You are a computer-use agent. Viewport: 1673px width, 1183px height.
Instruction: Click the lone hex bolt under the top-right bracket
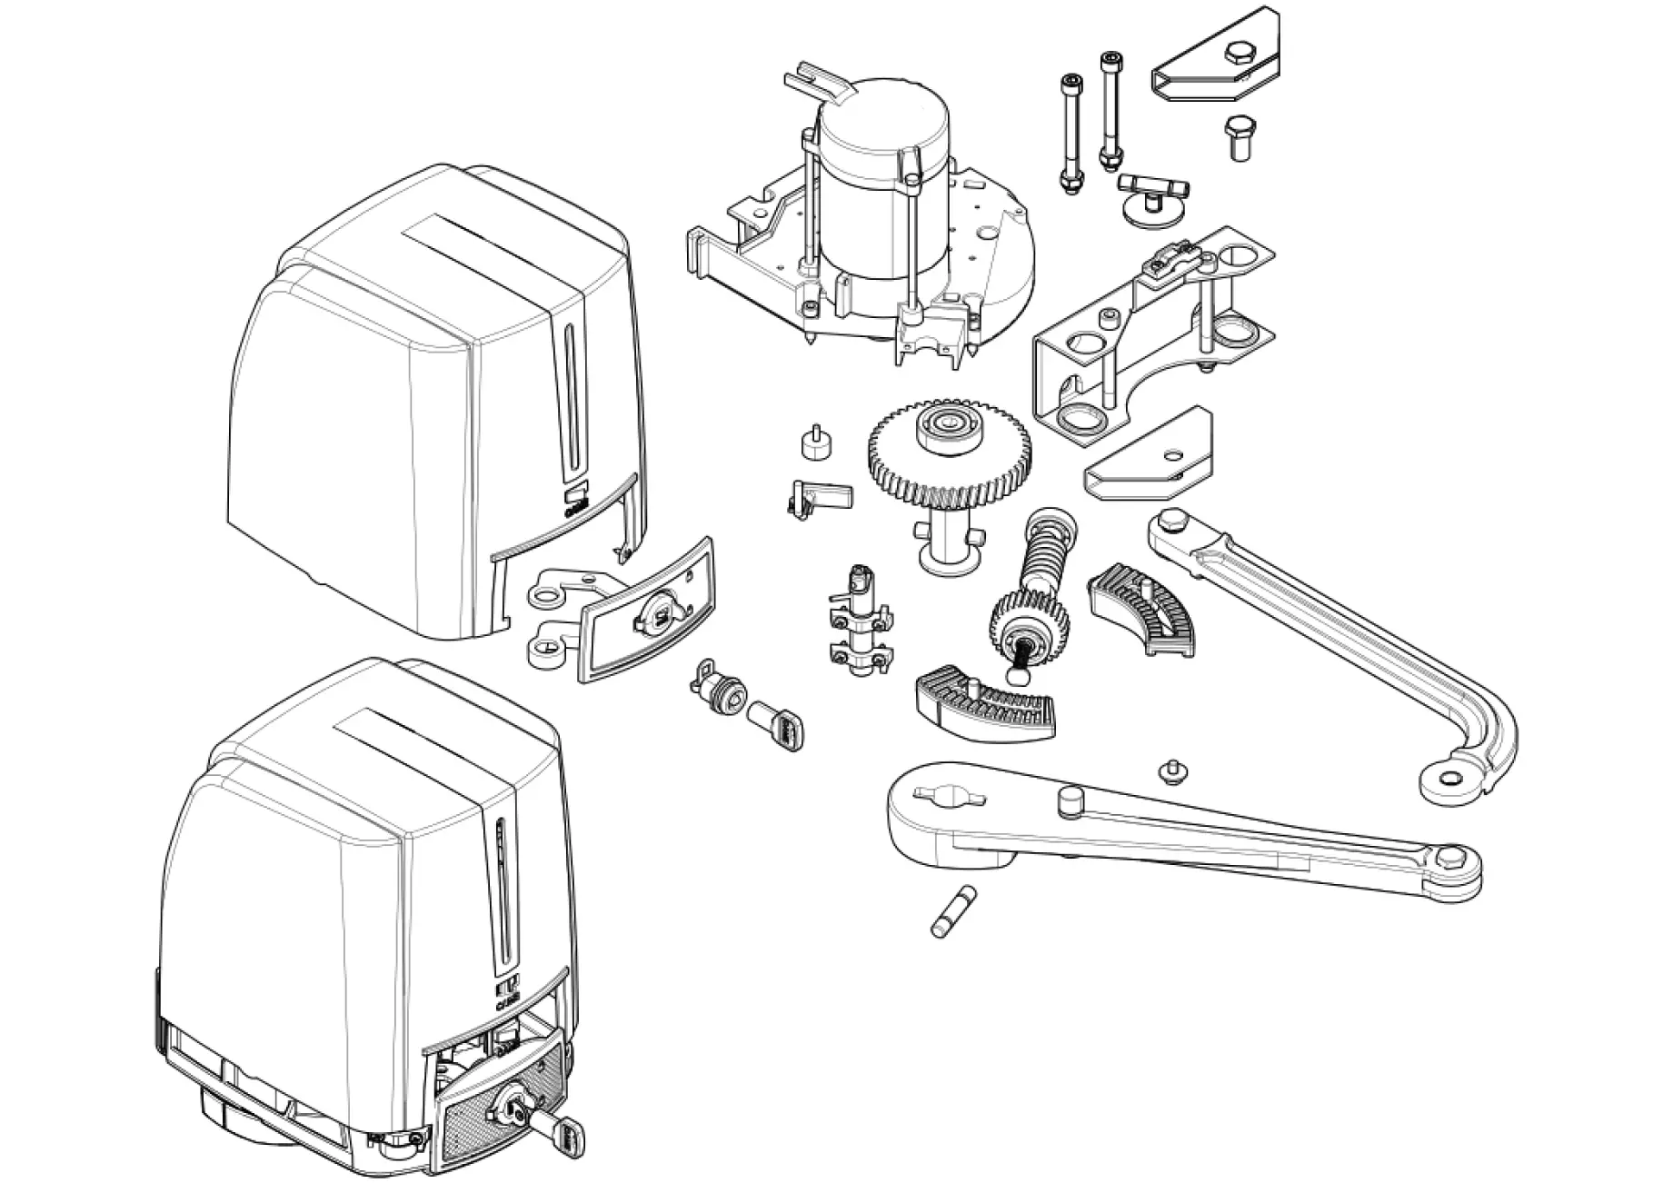1237,138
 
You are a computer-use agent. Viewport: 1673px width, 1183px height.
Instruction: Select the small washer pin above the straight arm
1173,771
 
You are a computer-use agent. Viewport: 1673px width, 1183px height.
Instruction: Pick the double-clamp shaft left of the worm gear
859,622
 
